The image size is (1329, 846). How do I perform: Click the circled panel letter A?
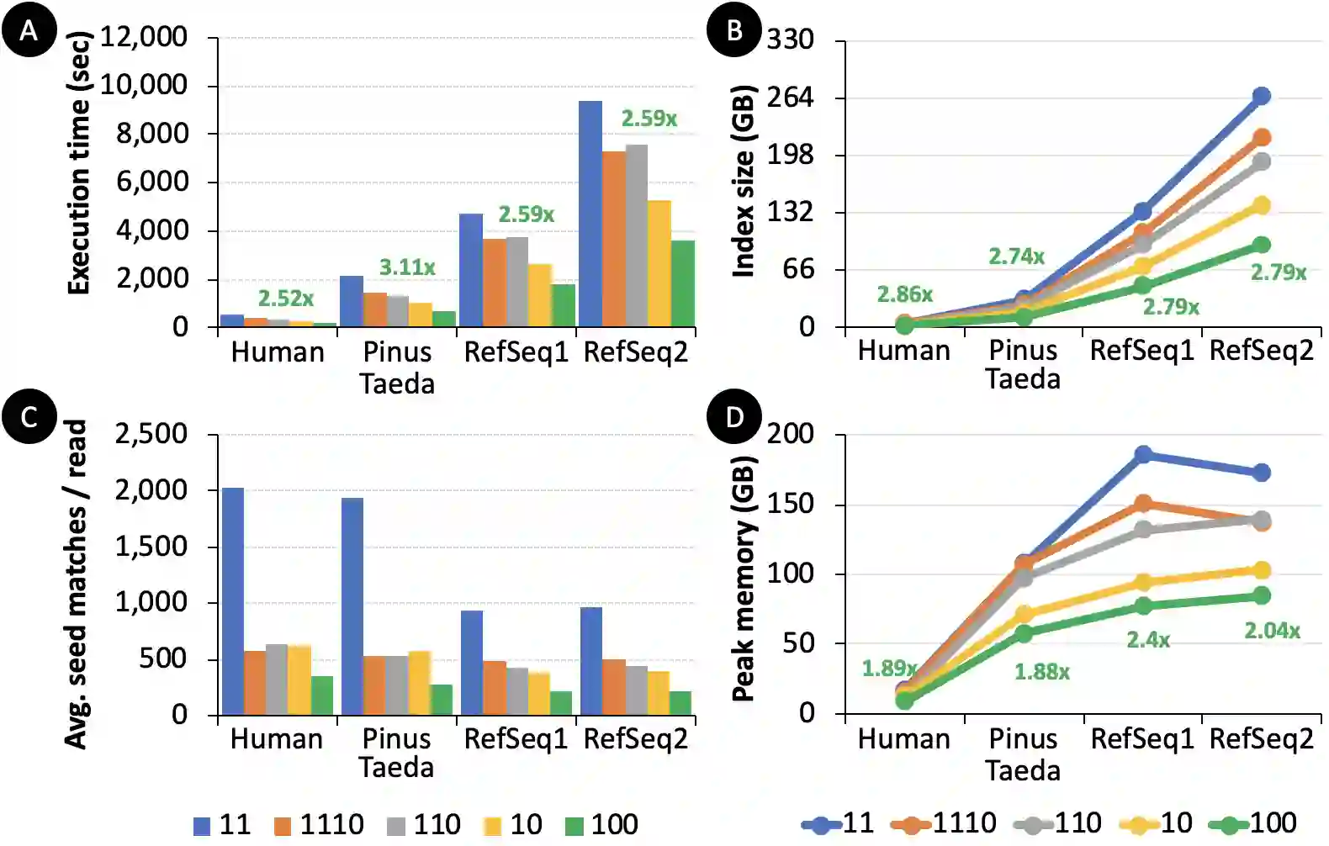tap(29, 31)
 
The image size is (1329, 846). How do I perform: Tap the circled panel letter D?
tap(734, 416)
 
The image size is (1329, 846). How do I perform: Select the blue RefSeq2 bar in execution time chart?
tap(590, 214)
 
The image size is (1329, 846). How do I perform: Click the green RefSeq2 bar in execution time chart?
tap(683, 283)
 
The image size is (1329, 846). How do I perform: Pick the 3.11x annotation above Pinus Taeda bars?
tap(407, 267)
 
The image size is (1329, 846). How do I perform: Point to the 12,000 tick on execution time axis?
tap(144, 37)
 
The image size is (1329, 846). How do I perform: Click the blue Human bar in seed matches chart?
tap(233, 601)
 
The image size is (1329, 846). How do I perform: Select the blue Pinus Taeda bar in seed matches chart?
tap(352, 606)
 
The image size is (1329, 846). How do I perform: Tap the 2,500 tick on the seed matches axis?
tap(151, 434)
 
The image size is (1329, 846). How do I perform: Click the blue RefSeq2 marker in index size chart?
tap(1261, 97)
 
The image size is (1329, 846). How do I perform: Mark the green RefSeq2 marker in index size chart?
tap(1261, 245)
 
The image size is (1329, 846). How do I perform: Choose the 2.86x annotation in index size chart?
tap(905, 294)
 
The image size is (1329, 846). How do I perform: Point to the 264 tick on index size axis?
tap(791, 98)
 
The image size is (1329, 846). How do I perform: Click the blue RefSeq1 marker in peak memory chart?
tap(1143, 454)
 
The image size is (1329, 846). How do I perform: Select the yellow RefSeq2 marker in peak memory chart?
tap(1261, 570)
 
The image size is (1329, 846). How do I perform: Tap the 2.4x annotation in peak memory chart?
tap(1148, 640)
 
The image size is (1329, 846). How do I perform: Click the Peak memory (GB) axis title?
tap(743, 579)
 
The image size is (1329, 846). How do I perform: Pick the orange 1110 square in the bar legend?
tap(283, 826)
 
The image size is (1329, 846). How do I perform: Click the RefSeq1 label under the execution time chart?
tap(516, 352)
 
